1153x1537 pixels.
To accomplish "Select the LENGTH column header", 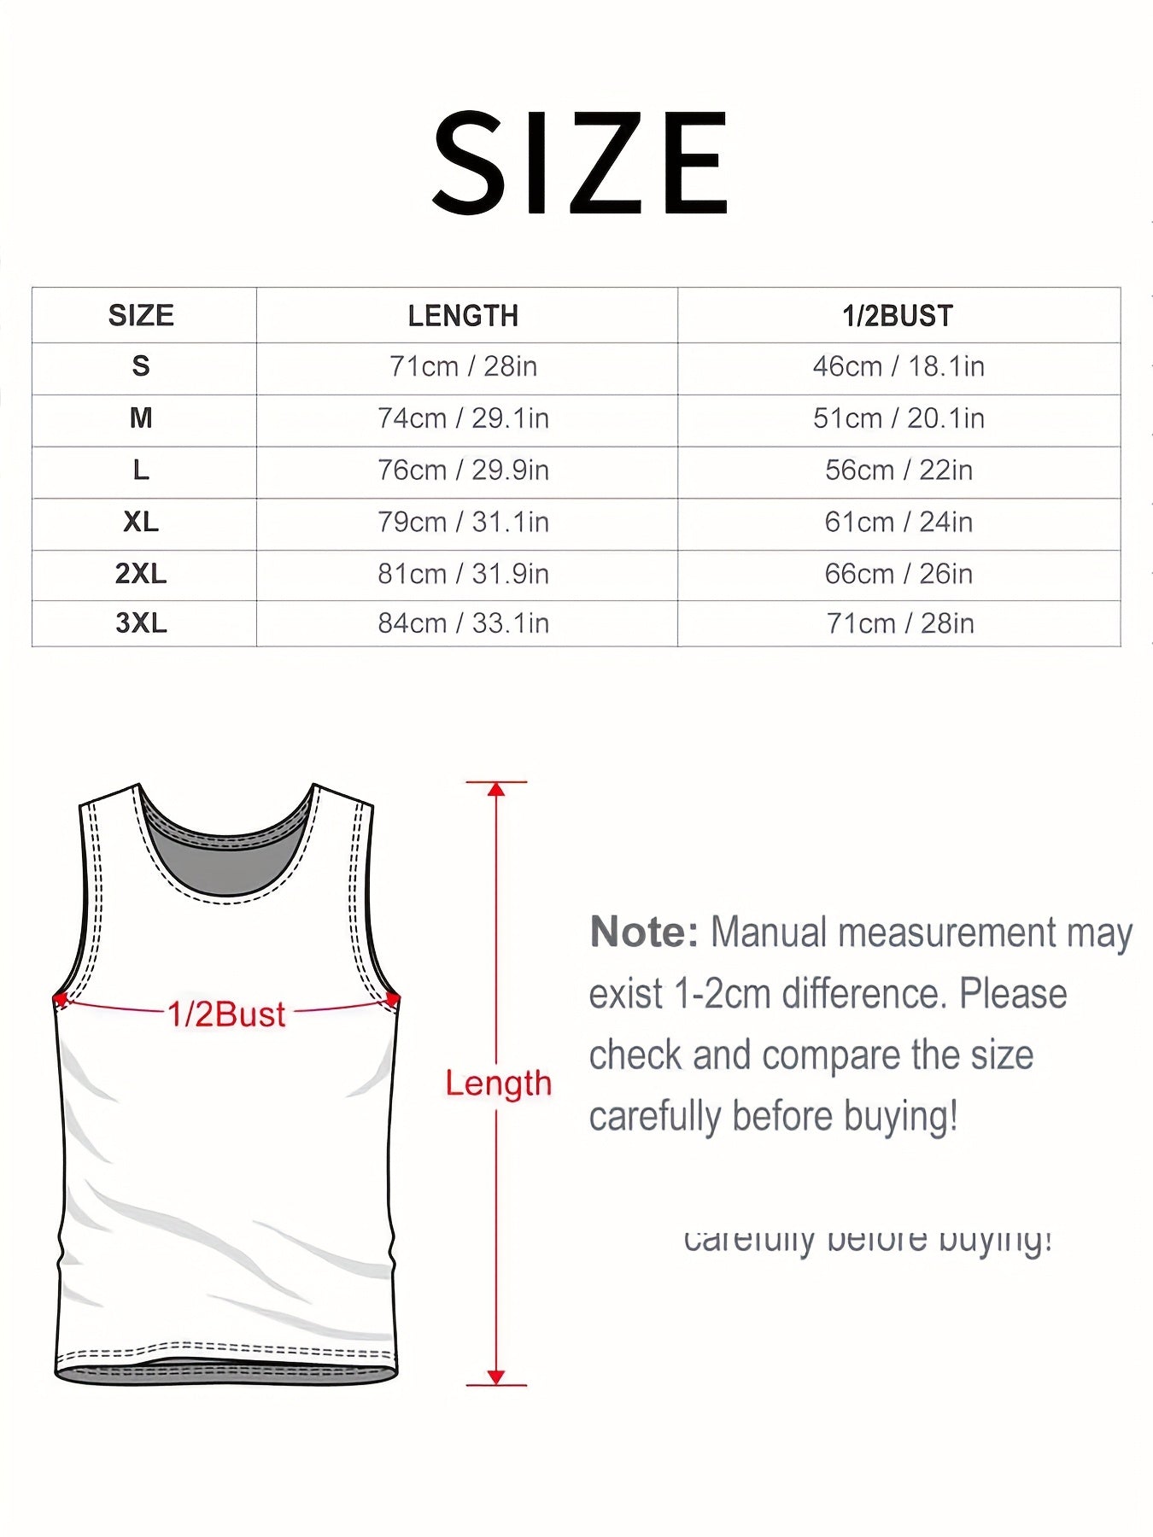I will click(x=463, y=316).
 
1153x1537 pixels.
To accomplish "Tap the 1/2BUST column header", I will click(x=898, y=316).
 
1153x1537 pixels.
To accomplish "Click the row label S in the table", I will click(x=141, y=366).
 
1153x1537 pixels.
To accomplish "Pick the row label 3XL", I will click(x=141, y=623).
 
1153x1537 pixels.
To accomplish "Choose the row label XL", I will click(x=141, y=522).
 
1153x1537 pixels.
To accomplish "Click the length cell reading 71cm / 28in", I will click(x=463, y=366).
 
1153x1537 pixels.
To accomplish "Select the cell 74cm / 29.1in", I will click(x=463, y=418).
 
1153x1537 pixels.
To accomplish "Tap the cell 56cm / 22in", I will click(x=898, y=470).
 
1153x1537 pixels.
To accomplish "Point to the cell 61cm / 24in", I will click(x=898, y=522).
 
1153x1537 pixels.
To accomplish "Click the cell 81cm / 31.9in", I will click(x=463, y=574).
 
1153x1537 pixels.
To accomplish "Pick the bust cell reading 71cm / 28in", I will click(x=899, y=623).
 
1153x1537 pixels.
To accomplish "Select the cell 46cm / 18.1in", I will click(x=898, y=366).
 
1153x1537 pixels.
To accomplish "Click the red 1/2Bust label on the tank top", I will click(x=226, y=1014).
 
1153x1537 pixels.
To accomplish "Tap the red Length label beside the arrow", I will click(x=499, y=1084).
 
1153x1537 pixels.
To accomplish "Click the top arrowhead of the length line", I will click(x=496, y=789).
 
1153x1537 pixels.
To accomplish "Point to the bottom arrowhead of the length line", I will click(x=496, y=1376).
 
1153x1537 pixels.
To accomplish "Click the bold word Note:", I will click(x=644, y=932).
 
